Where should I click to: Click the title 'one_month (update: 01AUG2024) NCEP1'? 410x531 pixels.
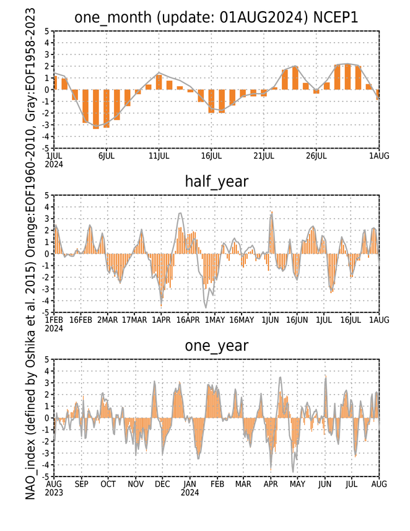(x=216, y=17)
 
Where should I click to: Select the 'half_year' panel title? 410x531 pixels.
(x=217, y=182)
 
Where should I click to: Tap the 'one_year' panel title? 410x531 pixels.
(x=217, y=346)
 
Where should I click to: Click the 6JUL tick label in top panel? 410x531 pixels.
(x=107, y=156)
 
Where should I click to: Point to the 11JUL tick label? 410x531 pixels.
(x=159, y=156)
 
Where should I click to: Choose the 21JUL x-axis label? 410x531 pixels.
(x=264, y=156)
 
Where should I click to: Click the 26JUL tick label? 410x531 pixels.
(x=316, y=156)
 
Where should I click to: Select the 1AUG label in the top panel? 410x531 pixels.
(x=379, y=156)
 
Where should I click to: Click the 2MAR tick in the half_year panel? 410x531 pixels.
(x=108, y=320)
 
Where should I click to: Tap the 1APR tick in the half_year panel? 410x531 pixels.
(x=161, y=320)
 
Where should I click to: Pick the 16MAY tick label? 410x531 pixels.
(x=242, y=320)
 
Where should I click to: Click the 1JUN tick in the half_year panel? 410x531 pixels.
(x=270, y=320)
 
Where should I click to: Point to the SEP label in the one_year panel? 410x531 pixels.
(x=81, y=485)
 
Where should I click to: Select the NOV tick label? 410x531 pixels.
(x=136, y=485)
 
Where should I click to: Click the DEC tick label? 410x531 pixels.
(x=162, y=485)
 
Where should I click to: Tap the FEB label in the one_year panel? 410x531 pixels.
(x=217, y=485)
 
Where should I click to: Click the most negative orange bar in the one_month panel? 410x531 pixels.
(x=96, y=109)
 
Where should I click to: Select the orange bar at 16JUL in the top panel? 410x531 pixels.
(x=211, y=101)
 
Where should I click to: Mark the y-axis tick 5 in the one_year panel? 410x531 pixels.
(x=47, y=359)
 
